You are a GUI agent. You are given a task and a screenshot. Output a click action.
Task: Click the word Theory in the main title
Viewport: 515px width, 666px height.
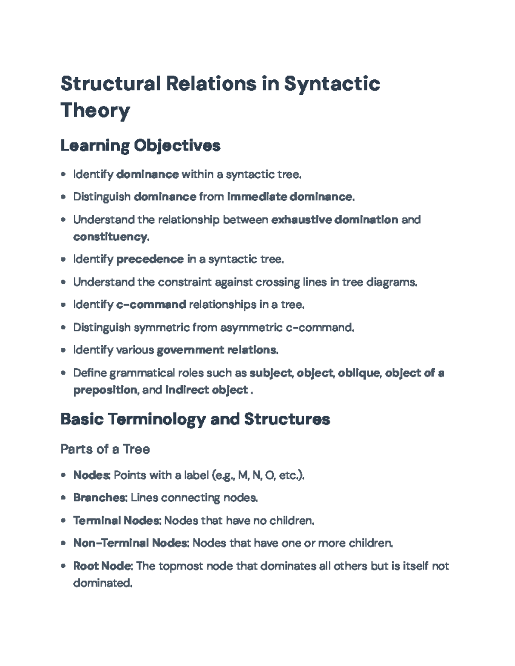coord(95,110)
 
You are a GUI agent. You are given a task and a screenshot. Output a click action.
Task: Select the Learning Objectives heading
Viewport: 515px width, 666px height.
coord(140,146)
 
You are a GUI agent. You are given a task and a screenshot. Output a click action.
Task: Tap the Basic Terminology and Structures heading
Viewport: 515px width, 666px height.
coord(195,419)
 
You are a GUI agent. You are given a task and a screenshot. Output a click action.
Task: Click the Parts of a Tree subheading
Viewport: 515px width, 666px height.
coord(105,449)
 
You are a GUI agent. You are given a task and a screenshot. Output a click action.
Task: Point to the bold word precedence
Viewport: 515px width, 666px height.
coord(150,259)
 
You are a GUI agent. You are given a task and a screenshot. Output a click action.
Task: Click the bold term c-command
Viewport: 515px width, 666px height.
coord(151,305)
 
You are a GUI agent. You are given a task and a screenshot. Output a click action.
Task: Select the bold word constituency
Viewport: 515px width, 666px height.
coord(110,237)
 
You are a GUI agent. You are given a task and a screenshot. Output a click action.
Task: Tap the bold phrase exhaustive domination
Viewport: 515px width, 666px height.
coord(335,220)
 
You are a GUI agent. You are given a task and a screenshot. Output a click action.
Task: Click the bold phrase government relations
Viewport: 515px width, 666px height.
coord(217,350)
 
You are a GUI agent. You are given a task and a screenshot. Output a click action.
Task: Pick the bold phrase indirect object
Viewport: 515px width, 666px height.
coord(206,390)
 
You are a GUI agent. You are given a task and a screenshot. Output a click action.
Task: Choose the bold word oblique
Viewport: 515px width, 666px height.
coord(359,373)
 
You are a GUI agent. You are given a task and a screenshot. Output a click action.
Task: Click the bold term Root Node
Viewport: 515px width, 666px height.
coord(102,566)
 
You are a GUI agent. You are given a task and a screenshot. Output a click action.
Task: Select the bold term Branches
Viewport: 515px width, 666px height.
coord(100,498)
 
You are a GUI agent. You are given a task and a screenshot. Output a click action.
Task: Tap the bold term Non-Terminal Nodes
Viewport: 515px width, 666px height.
coord(130,543)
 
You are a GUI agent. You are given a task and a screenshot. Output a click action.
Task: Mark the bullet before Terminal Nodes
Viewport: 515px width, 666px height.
coord(64,521)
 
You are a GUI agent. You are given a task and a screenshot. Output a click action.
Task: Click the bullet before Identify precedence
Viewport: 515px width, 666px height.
coord(64,259)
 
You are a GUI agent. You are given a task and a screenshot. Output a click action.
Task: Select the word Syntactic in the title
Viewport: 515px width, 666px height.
coord(332,84)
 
